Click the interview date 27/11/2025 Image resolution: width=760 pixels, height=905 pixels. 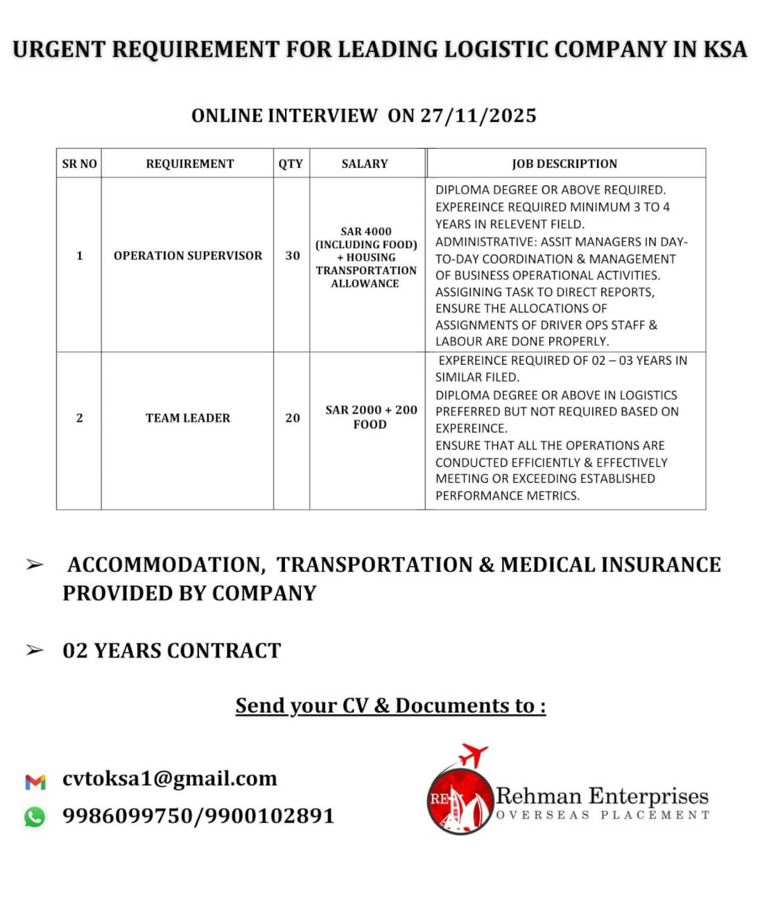point(478,116)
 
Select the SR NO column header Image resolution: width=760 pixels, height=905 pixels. point(79,163)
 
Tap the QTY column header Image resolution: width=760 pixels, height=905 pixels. point(291,163)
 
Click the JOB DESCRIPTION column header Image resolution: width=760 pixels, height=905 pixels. point(564,163)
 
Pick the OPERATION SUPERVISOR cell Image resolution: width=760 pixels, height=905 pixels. point(187,256)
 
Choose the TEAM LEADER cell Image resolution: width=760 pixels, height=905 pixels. point(187,418)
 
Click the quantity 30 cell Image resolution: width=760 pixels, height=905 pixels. point(292,256)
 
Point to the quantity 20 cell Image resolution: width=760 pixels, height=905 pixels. point(292,418)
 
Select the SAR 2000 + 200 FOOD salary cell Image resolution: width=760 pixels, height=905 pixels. point(370,417)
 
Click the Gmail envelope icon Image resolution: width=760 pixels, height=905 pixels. point(35,782)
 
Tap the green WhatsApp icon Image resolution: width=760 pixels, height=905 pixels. point(35,817)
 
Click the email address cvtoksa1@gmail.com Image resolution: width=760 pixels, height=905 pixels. point(170,778)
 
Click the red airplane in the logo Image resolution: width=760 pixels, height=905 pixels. point(474,756)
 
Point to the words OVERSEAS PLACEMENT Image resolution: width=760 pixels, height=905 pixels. point(602,815)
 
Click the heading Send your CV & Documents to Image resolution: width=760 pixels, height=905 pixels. point(390,706)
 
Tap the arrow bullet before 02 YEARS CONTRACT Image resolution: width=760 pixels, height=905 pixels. point(35,650)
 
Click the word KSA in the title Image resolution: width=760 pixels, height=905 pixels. point(725,49)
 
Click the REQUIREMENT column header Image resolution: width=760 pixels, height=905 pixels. point(189,163)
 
